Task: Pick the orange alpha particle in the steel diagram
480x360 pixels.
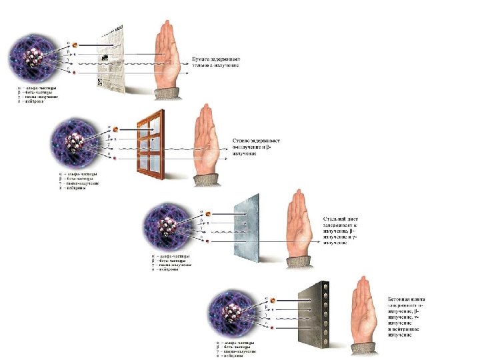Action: click(x=208, y=214)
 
